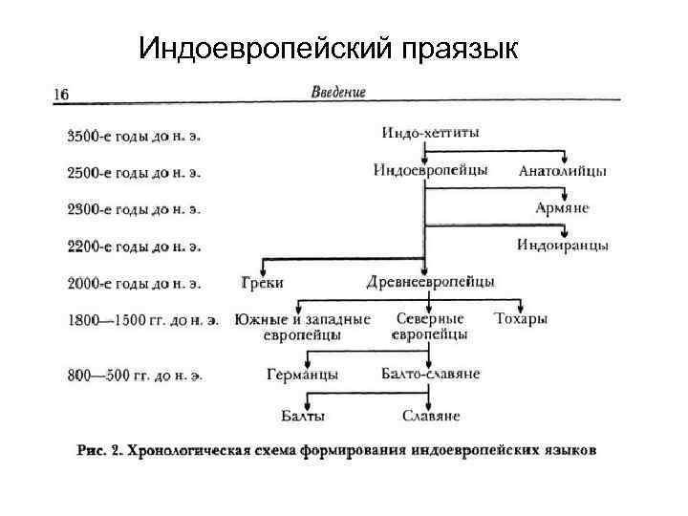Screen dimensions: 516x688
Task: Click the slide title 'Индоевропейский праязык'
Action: [329, 48]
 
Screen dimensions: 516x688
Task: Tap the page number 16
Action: [60, 94]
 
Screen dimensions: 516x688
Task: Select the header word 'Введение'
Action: [338, 93]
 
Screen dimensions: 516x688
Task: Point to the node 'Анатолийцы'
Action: [562, 172]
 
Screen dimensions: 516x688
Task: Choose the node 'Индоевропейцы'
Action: [430, 170]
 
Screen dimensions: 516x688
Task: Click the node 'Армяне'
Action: [562, 207]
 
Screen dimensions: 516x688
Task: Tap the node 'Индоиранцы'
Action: [562, 244]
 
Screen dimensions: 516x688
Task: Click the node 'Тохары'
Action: [521, 317]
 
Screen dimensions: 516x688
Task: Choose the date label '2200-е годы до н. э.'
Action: [134, 246]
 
